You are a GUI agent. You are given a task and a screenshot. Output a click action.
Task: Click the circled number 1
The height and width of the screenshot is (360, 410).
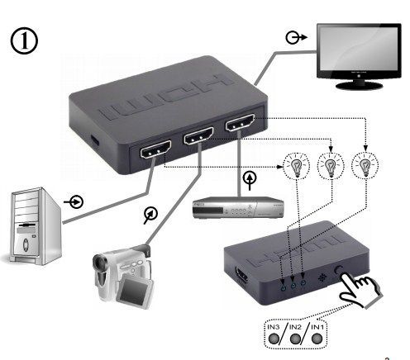pos(26,40)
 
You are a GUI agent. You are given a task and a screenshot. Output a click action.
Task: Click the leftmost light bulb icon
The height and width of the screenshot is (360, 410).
pos(293,165)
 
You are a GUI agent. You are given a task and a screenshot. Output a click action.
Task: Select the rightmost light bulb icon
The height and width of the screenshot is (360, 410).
pos(364,165)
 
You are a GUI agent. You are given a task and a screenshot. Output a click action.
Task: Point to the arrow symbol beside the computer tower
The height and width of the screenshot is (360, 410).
pos(76,201)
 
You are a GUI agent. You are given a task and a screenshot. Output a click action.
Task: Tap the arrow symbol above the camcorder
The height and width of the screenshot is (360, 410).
pos(149,215)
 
